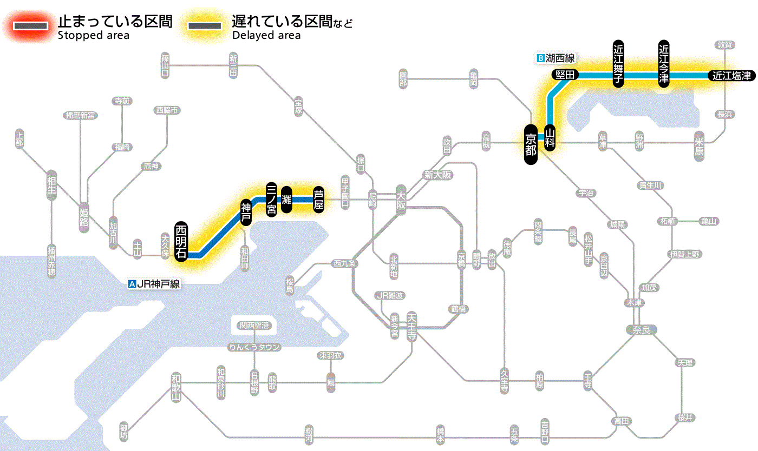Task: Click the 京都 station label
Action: pos(531,144)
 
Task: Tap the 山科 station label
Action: pos(550,137)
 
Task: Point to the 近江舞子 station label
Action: pos(618,63)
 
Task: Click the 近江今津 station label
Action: pos(664,63)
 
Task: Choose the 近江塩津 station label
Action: pos(731,76)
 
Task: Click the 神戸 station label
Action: pos(246,213)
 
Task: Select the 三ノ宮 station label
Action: pos(272,200)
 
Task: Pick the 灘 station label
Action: pos(286,200)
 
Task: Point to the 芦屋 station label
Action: pos(318,200)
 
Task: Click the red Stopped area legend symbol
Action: pos(32,26)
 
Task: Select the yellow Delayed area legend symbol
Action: pos(204,26)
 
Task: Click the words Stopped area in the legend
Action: pos(94,36)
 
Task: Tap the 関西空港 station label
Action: pos(254,326)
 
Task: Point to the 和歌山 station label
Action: pos(176,385)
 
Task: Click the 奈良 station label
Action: pos(641,329)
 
